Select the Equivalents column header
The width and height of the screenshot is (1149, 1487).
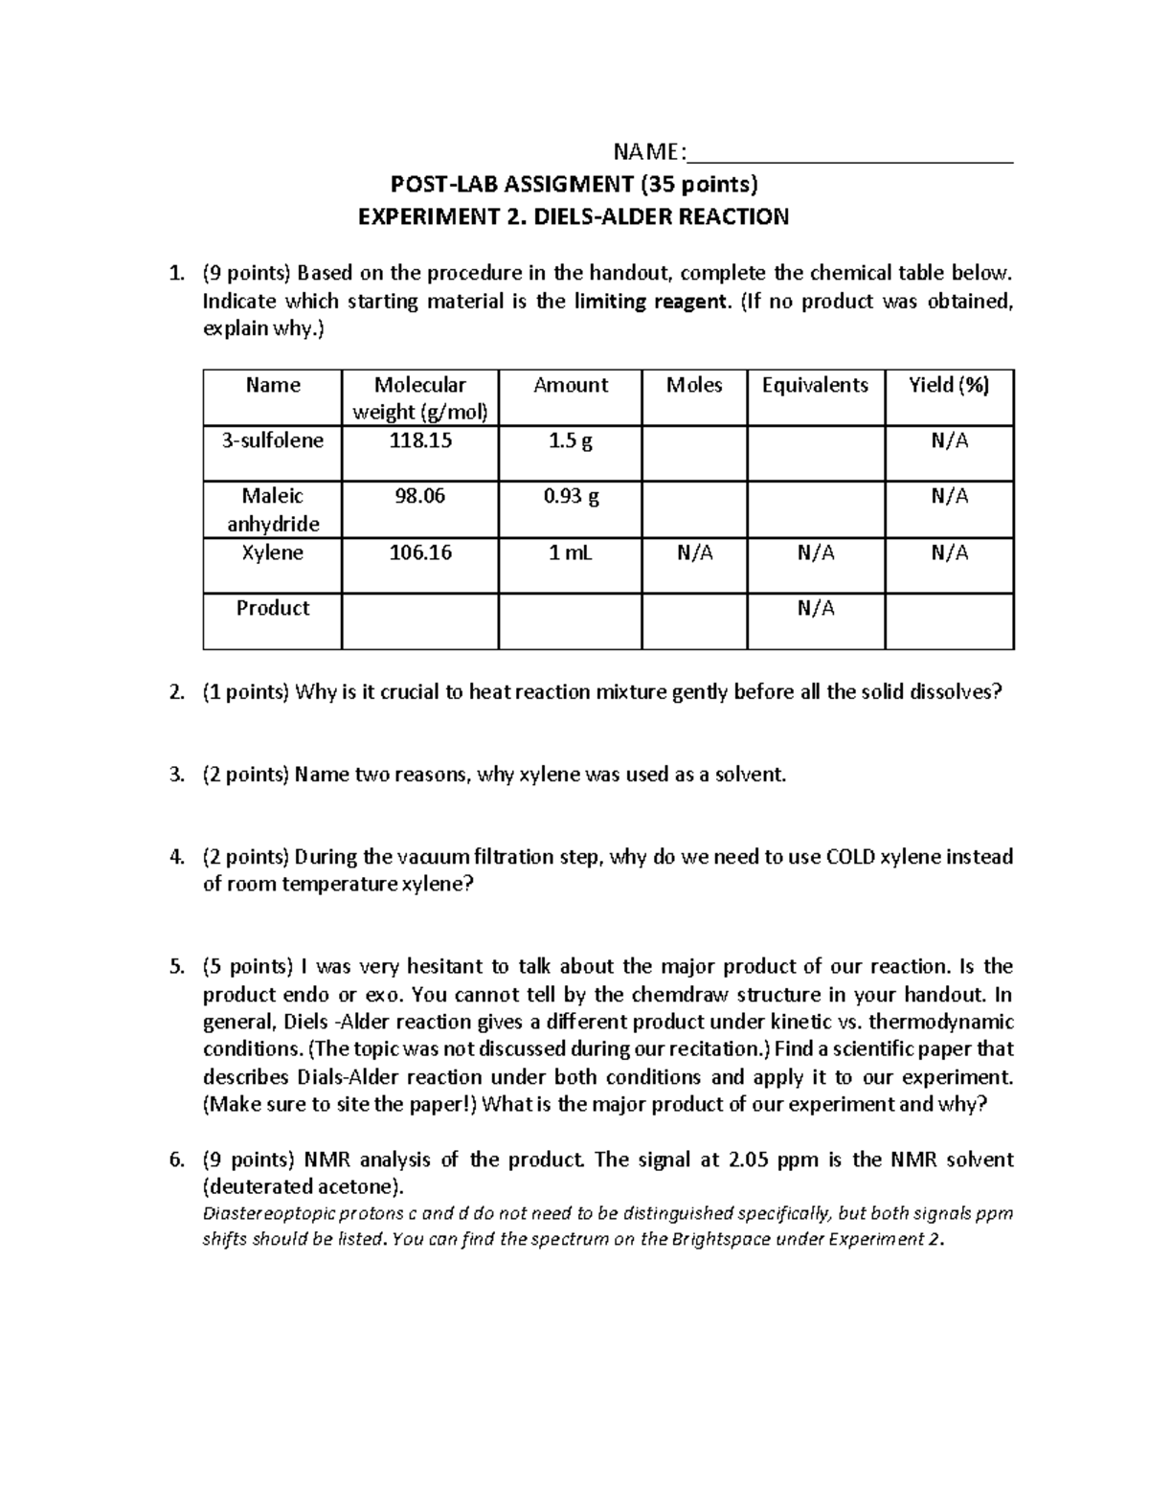pos(815,385)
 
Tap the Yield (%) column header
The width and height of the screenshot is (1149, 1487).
pos(948,385)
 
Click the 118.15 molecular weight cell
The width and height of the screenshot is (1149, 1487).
pos(419,440)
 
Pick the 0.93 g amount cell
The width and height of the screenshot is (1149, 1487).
pos(571,496)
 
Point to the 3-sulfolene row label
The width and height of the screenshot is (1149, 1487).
pos(273,440)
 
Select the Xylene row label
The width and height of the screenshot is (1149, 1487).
pos(273,552)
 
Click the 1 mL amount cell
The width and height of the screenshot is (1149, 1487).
pos(571,552)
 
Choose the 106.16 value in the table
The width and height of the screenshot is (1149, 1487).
pos(419,552)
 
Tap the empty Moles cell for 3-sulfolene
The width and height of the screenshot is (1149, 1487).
pos(694,452)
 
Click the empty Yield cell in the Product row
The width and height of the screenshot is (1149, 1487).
pos(949,620)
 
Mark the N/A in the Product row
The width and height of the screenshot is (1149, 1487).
pos(815,608)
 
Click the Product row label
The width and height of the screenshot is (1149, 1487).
pos(273,608)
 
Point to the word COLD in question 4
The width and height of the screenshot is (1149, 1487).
pos(850,856)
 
